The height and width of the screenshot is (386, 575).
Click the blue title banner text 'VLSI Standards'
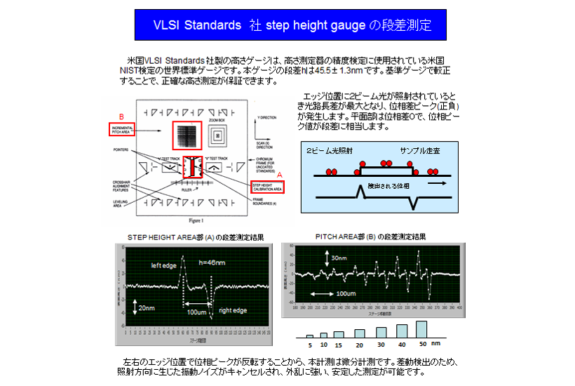coord(197,25)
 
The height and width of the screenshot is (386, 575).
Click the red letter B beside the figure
coord(121,116)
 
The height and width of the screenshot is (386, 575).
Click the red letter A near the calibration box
coord(280,173)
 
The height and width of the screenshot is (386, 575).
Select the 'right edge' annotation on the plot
coord(234,310)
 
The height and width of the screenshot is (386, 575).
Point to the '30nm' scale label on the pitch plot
coord(339,258)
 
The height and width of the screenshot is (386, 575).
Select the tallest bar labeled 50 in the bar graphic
coord(421,328)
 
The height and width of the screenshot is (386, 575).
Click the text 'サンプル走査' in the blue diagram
coord(420,152)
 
